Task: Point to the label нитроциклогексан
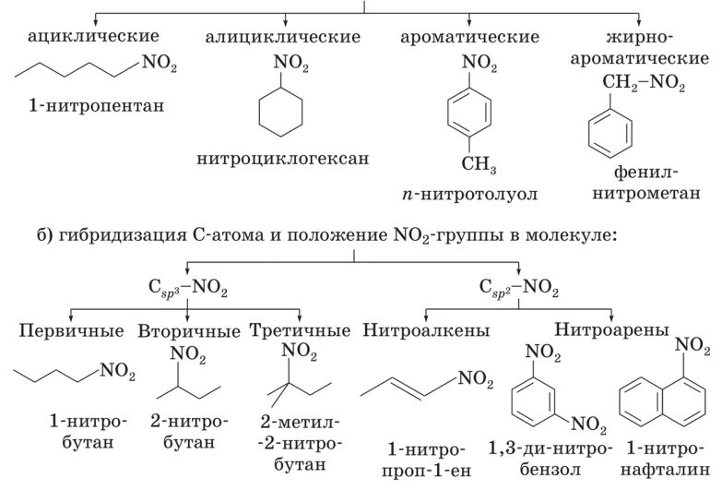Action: [283, 158]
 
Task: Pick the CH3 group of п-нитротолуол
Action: [479, 167]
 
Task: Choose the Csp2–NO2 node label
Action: [521, 290]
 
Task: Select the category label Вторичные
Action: [189, 329]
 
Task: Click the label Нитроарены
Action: [612, 329]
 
